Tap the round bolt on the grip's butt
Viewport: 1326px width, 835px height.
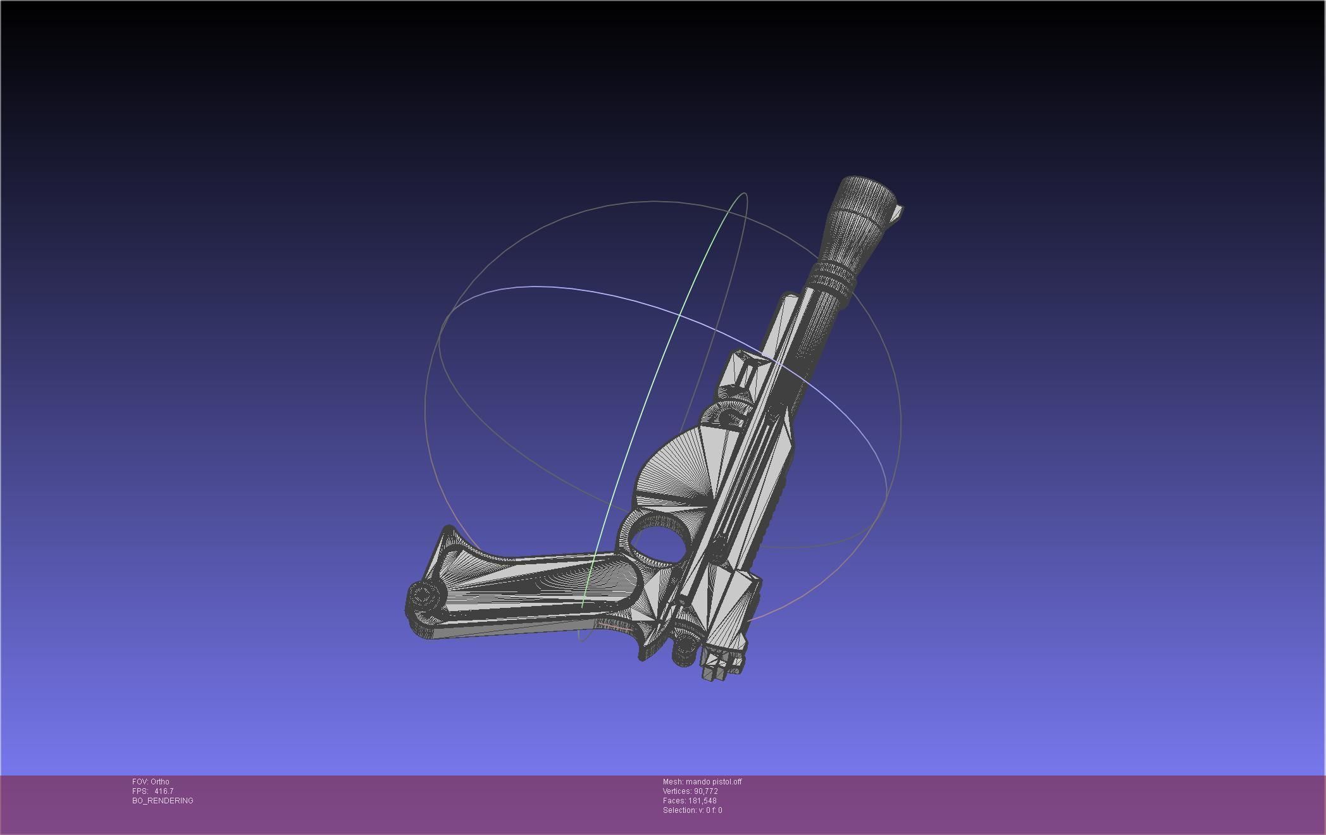423,595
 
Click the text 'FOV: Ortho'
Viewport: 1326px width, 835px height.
151,782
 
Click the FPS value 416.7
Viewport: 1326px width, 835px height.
163,791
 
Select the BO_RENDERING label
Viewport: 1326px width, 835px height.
163,801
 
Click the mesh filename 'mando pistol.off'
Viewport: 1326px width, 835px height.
713,782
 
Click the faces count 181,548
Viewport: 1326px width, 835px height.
702,801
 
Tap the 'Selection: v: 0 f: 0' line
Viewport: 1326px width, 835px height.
692,810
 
